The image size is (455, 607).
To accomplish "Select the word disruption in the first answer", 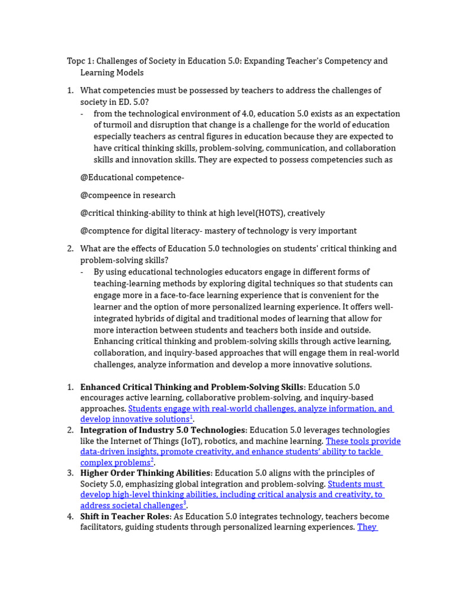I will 161,125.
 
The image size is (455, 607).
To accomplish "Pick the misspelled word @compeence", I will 111,195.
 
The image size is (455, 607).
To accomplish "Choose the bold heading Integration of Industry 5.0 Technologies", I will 163,430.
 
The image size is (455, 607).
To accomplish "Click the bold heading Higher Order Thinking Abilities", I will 145,473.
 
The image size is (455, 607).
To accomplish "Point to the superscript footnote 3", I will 185,504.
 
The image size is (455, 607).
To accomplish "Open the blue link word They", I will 367,527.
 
